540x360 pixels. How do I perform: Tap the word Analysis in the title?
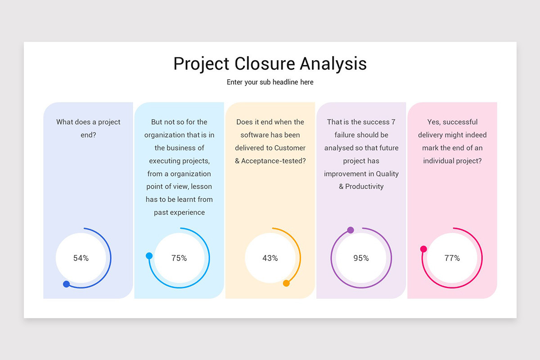click(x=333, y=63)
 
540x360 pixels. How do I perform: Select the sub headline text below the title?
click(x=270, y=82)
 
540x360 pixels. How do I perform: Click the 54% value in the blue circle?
click(x=81, y=258)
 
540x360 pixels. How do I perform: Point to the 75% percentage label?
click(x=179, y=258)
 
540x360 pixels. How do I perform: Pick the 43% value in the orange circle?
click(x=270, y=258)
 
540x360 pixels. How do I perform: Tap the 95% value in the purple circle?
click(x=361, y=258)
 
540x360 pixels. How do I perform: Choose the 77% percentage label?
click(x=452, y=258)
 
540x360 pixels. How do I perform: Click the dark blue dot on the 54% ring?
click(x=67, y=284)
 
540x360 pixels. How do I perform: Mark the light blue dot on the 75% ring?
click(x=149, y=256)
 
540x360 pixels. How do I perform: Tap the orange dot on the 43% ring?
click(x=286, y=283)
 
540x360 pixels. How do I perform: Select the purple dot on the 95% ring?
click(x=351, y=230)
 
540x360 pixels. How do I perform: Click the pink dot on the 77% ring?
click(x=423, y=249)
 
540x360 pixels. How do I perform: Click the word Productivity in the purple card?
click(x=364, y=186)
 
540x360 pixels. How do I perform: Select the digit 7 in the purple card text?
click(x=393, y=122)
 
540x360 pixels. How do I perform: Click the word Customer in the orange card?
click(x=290, y=148)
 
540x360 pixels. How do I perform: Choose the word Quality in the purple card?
click(x=387, y=174)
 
